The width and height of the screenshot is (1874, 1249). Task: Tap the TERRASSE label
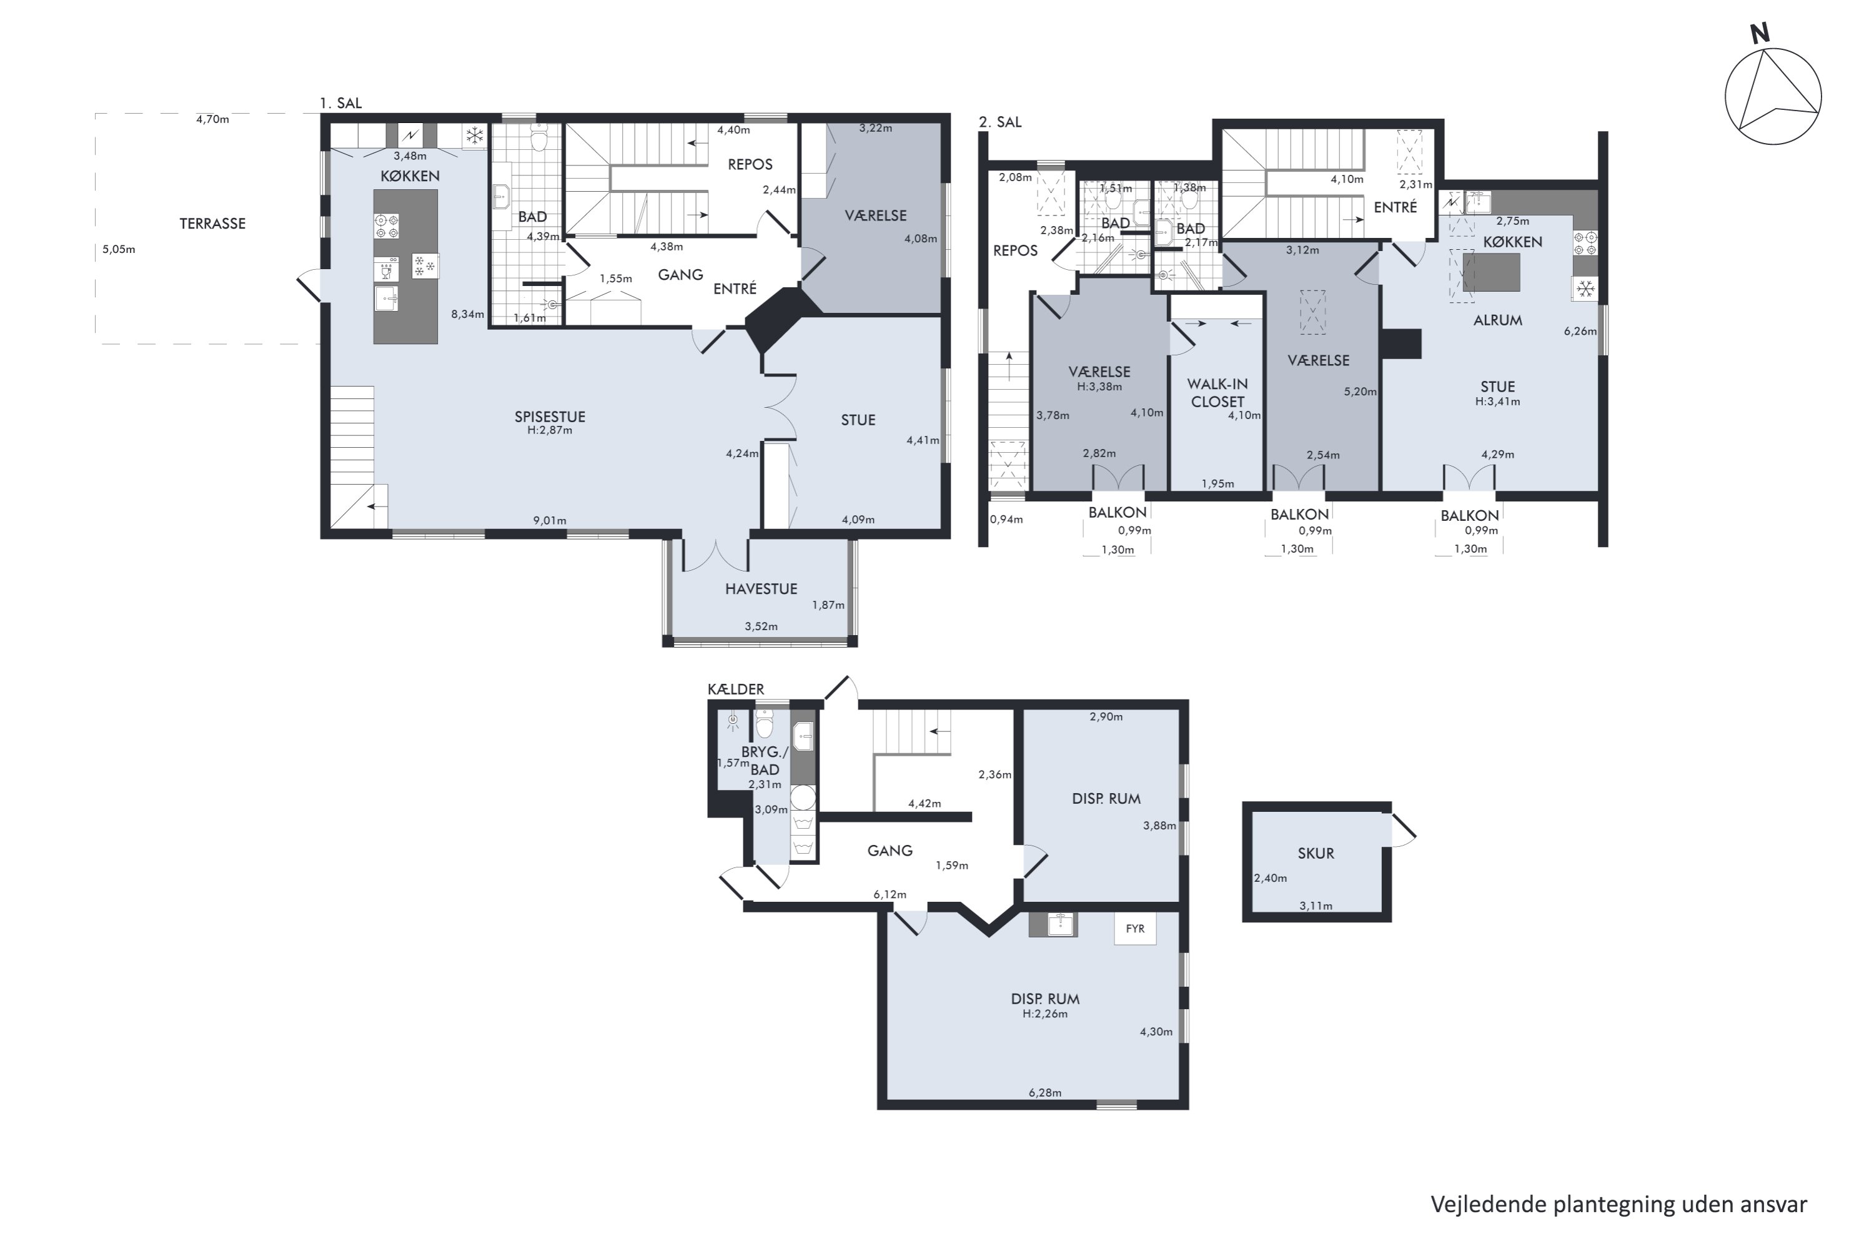pos(212,224)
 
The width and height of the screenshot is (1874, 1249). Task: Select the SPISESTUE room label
pos(550,417)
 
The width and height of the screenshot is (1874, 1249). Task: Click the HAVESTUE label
pos(761,589)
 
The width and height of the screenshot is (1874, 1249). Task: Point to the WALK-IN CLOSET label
pos(1217,393)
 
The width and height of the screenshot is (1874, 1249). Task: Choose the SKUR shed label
pos(1316,853)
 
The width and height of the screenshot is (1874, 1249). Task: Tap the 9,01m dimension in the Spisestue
pos(550,521)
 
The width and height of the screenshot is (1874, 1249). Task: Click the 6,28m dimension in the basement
pos(1044,1093)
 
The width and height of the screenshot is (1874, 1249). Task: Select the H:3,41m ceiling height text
pos(1497,402)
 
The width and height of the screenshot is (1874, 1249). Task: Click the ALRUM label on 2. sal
pos(1498,320)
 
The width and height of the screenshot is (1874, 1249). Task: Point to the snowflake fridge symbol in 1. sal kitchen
pos(475,136)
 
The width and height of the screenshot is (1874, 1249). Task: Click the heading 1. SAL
pos(340,104)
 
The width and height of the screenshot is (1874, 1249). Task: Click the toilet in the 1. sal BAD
pos(540,139)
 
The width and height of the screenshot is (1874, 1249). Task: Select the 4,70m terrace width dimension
pos(213,119)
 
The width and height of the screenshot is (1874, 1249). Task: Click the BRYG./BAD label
pos(765,761)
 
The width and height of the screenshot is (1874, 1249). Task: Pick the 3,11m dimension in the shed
pos(1316,906)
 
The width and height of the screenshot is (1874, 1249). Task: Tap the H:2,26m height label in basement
pos(1044,1014)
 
